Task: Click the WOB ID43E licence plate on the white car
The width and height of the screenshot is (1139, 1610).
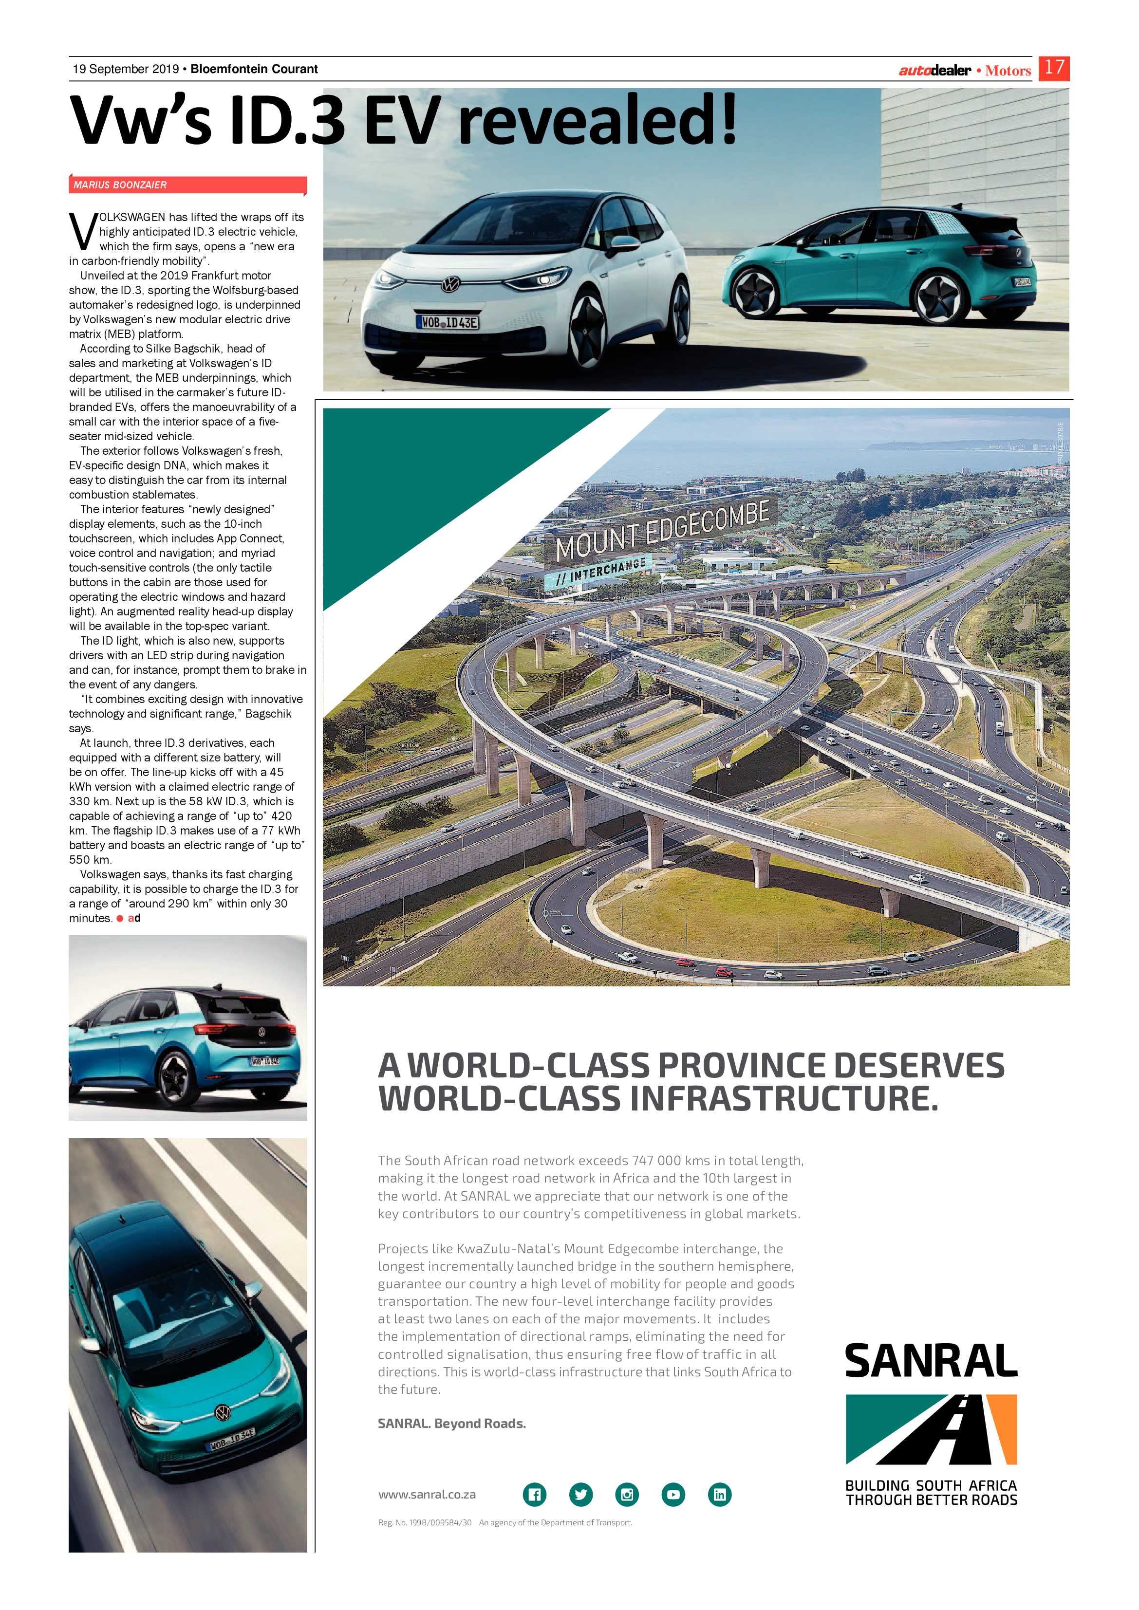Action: point(449,323)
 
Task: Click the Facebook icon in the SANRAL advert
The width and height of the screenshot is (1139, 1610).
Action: point(534,1494)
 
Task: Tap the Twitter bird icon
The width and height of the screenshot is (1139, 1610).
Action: point(581,1494)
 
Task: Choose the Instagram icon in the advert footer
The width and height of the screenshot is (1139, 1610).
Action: point(627,1494)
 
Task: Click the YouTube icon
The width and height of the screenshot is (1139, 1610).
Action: point(673,1494)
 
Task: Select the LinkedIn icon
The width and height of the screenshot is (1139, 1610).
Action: point(720,1494)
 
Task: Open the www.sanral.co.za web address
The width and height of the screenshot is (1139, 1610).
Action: point(427,1494)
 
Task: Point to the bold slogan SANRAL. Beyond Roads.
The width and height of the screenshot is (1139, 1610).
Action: point(452,1423)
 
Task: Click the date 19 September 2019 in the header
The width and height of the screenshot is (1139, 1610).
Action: point(126,69)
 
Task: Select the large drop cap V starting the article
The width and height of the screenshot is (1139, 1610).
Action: point(83,231)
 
